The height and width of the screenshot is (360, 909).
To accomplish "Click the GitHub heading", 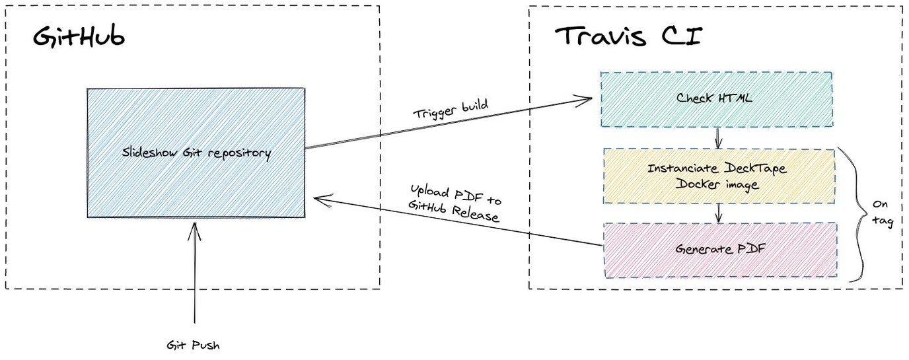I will point(79,38).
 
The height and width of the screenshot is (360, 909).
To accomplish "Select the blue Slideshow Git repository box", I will point(196,153).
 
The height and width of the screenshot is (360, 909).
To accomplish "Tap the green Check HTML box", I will point(715,99).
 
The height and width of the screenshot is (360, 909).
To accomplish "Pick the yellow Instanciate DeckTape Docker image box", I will point(719,176).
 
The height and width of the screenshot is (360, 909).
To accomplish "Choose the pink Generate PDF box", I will point(720,250).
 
